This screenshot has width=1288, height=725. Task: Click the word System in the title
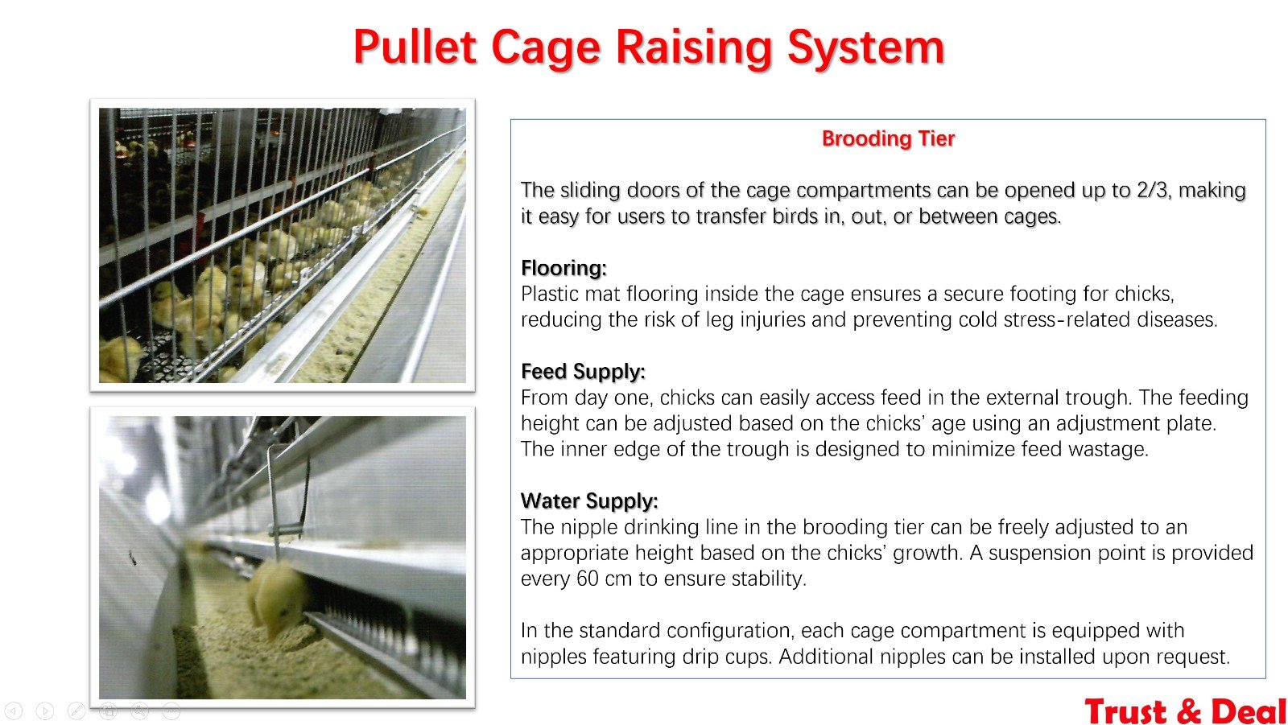click(x=866, y=48)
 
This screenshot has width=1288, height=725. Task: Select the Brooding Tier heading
click(x=888, y=138)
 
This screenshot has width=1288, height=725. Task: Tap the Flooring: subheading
click(x=563, y=268)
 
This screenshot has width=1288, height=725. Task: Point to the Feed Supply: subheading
click(x=583, y=372)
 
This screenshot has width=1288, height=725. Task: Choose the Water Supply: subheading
click(x=589, y=501)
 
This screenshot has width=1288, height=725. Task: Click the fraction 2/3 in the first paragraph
click(x=1152, y=191)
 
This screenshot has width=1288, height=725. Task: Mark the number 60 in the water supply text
click(x=588, y=579)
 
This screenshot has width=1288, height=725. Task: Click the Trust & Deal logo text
click(x=1185, y=711)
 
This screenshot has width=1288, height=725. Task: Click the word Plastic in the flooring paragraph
click(x=550, y=295)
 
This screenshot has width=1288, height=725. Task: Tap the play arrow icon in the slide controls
click(x=45, y=711)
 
